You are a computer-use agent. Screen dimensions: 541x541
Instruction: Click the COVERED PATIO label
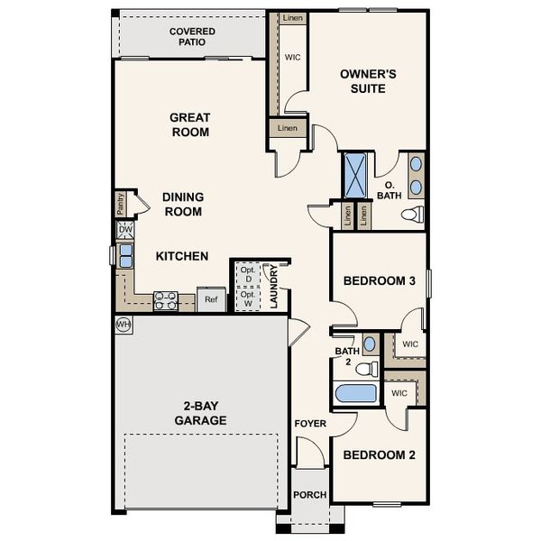tap(191, 36)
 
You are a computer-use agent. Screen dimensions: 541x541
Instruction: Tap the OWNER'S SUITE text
tap(362, 82)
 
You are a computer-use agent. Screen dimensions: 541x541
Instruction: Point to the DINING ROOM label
tap(182, 204)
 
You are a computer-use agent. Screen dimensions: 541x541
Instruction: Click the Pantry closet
tap(120, 204)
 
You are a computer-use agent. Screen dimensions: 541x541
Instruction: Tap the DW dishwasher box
tap(125, 231)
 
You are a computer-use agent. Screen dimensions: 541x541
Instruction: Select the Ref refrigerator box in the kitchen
tap(211, 300)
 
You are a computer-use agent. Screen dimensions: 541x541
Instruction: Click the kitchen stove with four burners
tap(165, 300)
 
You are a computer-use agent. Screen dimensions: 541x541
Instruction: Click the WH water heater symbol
tap(123, 324)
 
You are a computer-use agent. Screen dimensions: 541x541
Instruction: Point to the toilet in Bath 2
tap(365, 369)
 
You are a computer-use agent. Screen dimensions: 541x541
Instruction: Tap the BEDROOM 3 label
tap(379, 281)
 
